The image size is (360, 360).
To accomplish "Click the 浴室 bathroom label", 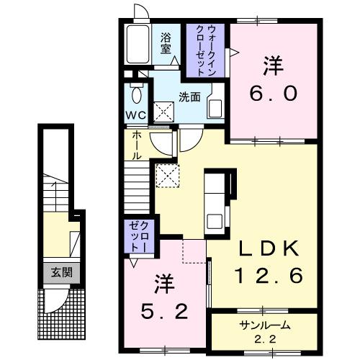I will click(x=166, y=43).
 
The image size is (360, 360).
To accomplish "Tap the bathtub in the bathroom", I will click(x=137, y=45).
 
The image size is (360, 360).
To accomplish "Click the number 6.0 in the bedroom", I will click(x=271, y=94).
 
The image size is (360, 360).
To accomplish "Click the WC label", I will click(x=136, y=116).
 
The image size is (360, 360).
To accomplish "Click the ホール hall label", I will click(x=135, y=146).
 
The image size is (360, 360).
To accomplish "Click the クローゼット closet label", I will click(x=137, y=237).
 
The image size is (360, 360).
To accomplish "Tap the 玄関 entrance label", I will click(x=55, y=273).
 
